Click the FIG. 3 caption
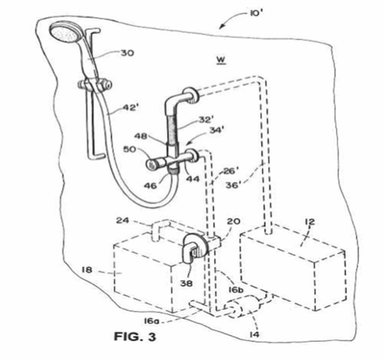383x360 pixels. tap(135, 337)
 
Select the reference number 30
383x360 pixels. tap(128, 53)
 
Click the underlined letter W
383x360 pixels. tap(221, 60)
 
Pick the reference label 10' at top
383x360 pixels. tap(256, 13)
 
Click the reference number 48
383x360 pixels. tap(141, 136)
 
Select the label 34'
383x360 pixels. tap(217, 130)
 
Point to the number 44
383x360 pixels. tap(193, 179)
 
